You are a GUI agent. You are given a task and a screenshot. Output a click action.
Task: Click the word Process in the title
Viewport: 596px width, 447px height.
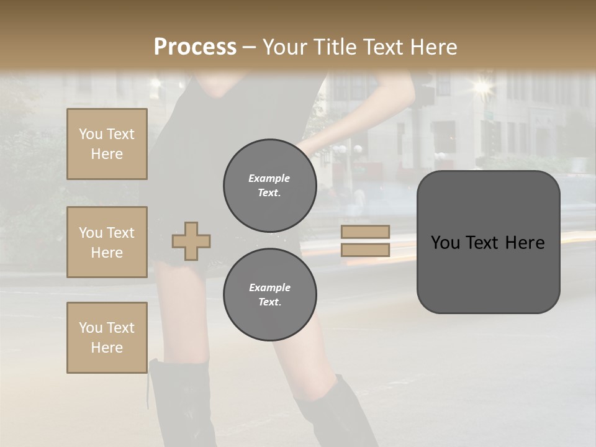pos(195,47)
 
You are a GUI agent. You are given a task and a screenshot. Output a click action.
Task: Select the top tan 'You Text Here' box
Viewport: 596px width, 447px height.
pos(107,144)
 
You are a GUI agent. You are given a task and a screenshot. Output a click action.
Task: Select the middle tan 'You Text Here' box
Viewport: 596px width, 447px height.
pos(107,242)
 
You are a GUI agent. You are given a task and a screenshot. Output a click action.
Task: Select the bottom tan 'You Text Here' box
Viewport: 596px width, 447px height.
pos(107,338)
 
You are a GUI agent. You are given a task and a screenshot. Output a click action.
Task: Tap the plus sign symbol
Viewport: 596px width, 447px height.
pos(191,241)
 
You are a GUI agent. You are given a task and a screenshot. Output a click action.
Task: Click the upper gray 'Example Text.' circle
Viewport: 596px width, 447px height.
pos(269,186)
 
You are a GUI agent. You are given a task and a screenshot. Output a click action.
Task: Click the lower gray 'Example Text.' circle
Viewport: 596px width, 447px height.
pos(269,295)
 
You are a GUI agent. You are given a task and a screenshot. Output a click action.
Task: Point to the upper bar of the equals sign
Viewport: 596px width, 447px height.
pos(365,232)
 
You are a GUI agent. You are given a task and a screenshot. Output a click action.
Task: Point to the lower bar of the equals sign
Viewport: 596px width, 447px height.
pos(365,250)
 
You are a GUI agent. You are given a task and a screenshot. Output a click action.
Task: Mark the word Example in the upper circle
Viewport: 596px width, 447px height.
pos(269,179)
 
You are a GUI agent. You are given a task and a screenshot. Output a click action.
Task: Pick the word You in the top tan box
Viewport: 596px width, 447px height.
pos(90,134)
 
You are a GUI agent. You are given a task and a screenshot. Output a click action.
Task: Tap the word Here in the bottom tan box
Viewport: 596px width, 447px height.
pos(107,348)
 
